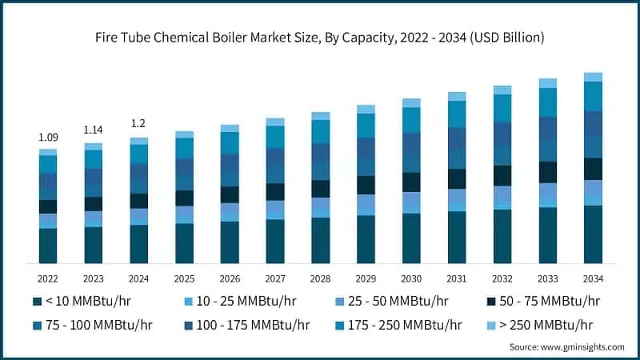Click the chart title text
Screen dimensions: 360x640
click(x=320, y=37)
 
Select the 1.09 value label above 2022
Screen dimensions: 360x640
click(x=48, y=138)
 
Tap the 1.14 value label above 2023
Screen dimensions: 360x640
click(x=94, y=130)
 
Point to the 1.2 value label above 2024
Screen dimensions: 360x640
click(x=139, y=124)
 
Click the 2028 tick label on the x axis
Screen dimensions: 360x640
click(x=320, y=278)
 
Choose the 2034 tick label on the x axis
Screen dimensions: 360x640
click(x=593, y=278)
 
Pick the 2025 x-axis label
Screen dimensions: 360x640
click(x=184, y=278)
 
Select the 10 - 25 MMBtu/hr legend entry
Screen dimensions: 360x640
click(x=232, y=302)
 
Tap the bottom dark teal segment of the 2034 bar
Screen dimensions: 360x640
click(x=593, y=234)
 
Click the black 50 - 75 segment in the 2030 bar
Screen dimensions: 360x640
click(x=411, y=182)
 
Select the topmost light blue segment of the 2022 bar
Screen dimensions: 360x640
click(x=48, y=152)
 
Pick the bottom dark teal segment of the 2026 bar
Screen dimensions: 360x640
click(x=230, y=242)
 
